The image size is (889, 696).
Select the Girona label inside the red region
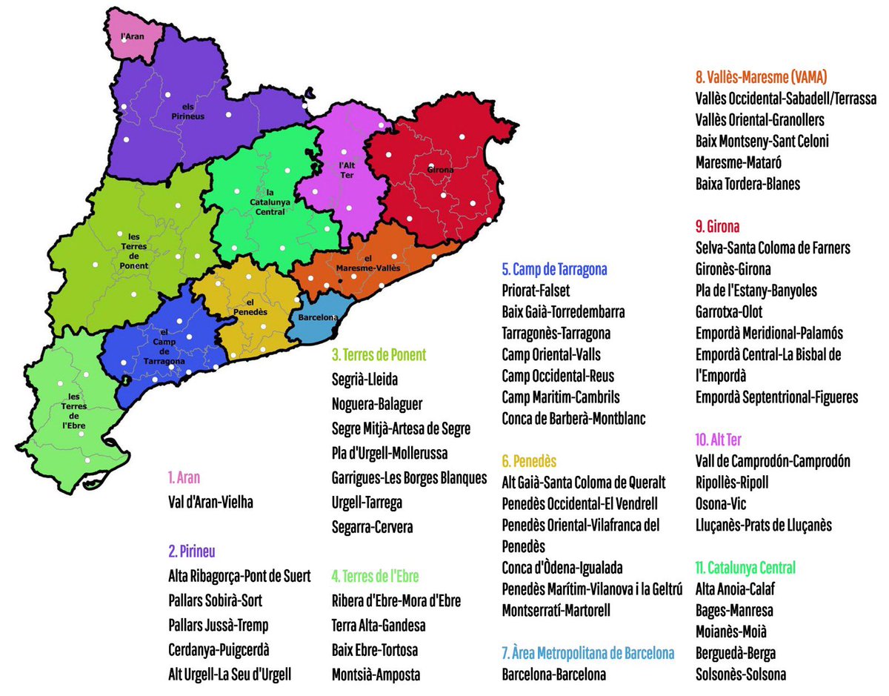[440, 170]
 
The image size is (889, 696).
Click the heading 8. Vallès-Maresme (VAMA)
[761, 77]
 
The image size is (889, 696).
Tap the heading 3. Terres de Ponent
[379, 355]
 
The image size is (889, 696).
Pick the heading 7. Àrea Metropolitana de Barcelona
[587, 653]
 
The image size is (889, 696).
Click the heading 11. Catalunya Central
[745, 568]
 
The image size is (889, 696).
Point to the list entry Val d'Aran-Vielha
[211, 502]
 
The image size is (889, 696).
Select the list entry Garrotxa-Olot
[729, 312]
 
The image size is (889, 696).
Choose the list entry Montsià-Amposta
[376, 675]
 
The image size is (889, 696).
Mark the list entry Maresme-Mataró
[739, 162]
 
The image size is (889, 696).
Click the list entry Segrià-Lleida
[365, 380]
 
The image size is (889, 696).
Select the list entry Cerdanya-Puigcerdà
[219, 649]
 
